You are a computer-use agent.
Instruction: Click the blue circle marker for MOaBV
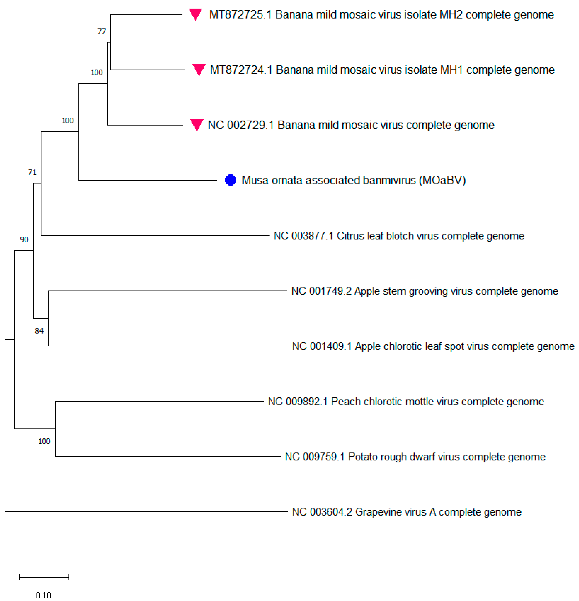tap(230, 180)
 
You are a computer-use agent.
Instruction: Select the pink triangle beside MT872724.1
tap(199, 69)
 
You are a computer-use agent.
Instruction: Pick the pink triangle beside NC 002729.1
tap(196, 124)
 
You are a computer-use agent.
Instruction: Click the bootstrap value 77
tap(101, 31)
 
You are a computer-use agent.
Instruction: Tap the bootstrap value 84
tap(39, 331)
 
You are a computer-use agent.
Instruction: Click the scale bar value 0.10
tap(44, 595)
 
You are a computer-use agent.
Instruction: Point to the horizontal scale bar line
tap(44, 577)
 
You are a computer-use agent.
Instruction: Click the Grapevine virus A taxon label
tap(407, 512)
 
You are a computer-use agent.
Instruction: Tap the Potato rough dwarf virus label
tap(415, 457)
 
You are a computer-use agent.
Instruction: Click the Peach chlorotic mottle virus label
tap(406, 401)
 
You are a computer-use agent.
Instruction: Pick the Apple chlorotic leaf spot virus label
tap(433, 346)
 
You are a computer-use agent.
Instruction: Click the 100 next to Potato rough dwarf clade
tap(44, 441)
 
